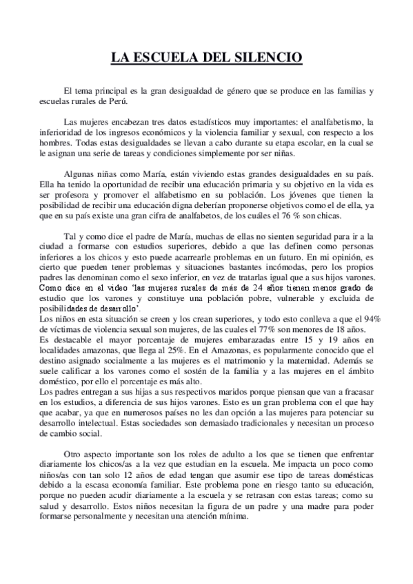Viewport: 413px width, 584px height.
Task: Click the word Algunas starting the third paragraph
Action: point(79,175)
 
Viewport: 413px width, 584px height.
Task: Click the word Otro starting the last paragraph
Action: point(73,456)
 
